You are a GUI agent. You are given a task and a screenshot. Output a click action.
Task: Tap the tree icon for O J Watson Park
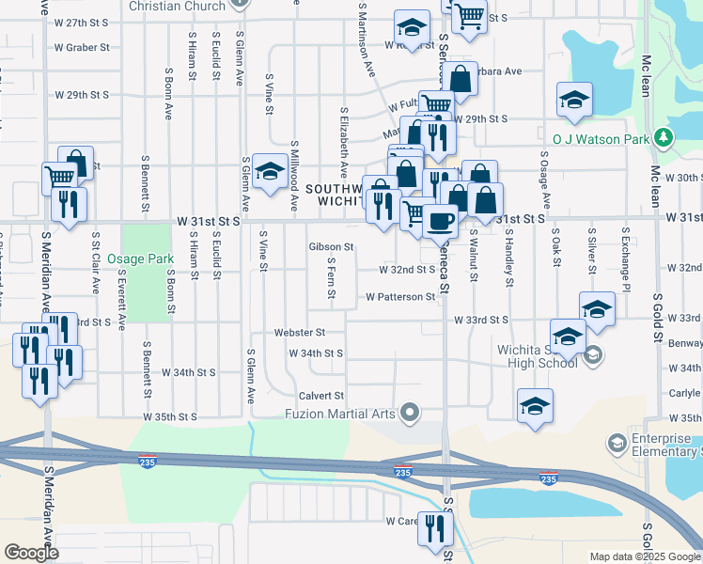pos(664,138)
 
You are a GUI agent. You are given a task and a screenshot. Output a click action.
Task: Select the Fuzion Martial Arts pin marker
pos(409,413)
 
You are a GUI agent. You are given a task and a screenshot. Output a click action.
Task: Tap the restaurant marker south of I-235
pos(435,527)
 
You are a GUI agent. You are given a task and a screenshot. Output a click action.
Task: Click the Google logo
pos(32,553)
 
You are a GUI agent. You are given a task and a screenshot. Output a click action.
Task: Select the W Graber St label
pos(82,47)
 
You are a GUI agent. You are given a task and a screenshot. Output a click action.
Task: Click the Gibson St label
pos(331,247)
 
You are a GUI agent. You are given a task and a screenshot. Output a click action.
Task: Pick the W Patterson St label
pos(399,297)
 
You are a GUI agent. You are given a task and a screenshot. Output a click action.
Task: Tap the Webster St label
pos(299,333)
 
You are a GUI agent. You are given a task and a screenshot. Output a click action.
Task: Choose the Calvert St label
pos(321,396)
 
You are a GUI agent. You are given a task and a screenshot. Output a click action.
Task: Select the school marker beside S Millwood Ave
pos(270,171)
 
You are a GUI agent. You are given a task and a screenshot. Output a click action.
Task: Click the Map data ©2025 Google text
pos(644,556)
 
